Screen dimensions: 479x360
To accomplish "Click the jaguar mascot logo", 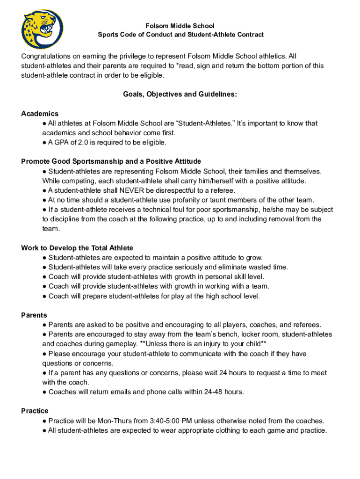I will [x=43, y=29].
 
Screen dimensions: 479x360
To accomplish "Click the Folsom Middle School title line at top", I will [x=180, y=26].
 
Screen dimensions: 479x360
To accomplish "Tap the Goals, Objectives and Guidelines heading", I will [x=180, y=94].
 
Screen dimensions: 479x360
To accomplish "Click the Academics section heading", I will [x=40, y=114].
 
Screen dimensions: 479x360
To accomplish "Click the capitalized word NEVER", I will [x=131, y=190].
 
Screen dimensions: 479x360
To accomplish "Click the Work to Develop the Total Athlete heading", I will [x=77, y=248].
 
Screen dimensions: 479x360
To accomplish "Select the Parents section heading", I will [x=34, y=315].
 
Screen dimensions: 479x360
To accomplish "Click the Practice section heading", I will [x=35, y=411].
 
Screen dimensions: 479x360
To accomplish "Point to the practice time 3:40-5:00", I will [x=166, y=421].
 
